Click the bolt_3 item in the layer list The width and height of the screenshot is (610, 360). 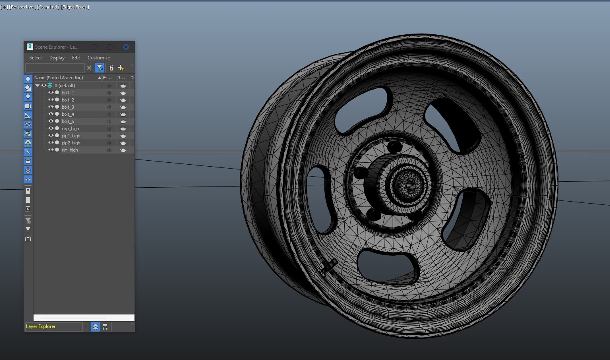(x=68, y=107)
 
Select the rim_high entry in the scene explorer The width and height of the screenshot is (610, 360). (x=70, y=150)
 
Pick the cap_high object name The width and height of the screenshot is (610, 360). (x=70, y=129)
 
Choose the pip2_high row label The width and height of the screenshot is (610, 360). (x=71, y=143)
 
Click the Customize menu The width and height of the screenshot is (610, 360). (x=99, y=58)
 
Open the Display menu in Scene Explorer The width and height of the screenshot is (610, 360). (x=57, y=58)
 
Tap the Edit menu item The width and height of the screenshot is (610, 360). (x=76, y=58)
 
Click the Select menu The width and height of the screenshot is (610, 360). (x=36, y=58)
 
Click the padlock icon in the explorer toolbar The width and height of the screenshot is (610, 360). (x=111, y=68)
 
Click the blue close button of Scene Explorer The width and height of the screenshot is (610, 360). (x=126, y=47)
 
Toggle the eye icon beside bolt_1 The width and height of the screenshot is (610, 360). (x=51, y=93)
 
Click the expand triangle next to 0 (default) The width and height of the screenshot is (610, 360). (x=37, y=86)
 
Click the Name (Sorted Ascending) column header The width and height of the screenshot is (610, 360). (x=59, y=78)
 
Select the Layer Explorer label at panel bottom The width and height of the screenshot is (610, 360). (x=41, y=326)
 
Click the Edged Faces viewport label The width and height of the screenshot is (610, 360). (x=75, y=7)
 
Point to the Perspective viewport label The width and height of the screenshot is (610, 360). (x=22, y=7)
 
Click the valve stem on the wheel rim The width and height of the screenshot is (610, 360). (x=328, y=267)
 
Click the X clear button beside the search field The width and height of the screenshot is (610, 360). (x=89, y=68)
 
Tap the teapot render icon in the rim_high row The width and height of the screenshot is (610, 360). (x=123, y=150)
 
